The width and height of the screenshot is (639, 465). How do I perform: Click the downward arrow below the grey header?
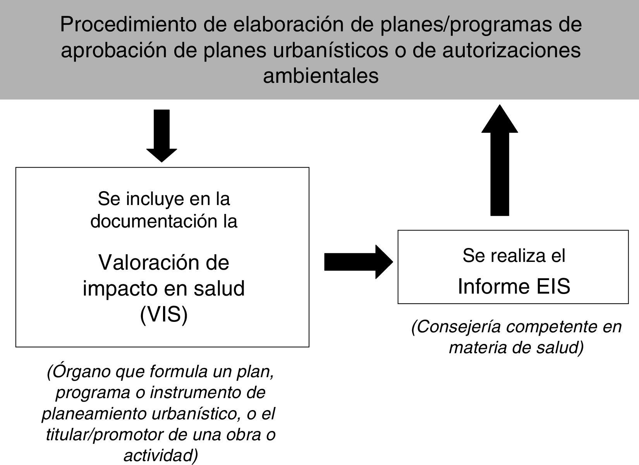point(161,135)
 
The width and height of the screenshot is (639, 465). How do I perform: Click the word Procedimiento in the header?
point(129,25)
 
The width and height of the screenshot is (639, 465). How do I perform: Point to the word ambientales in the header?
point(321,76)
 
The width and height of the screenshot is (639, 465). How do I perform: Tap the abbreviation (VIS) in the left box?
point(163,315)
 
